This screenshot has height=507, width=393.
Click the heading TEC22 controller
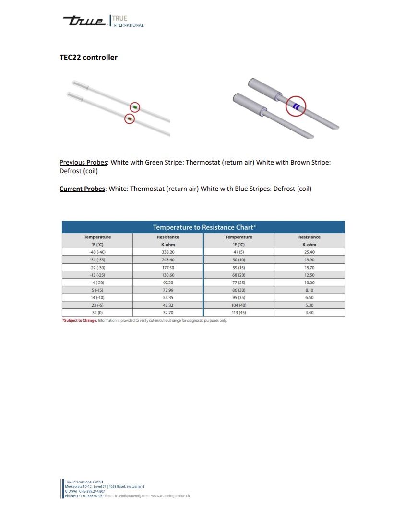click(88, 58)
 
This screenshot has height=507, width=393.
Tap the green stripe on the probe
click(135, 106)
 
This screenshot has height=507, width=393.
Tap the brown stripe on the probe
click(129, 118)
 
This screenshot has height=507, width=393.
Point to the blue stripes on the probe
click(297, 107)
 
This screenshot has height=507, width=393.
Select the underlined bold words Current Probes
click(82, 189)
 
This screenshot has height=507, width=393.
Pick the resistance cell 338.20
click(168, 252)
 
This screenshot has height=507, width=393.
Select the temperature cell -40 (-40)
click(97, 252)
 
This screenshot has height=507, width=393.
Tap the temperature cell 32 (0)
click(97, 312)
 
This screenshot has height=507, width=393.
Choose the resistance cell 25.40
click(310, 252)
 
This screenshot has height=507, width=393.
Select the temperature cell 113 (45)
click(238, 312)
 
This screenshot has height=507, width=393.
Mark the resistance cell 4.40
click(310, 312)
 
